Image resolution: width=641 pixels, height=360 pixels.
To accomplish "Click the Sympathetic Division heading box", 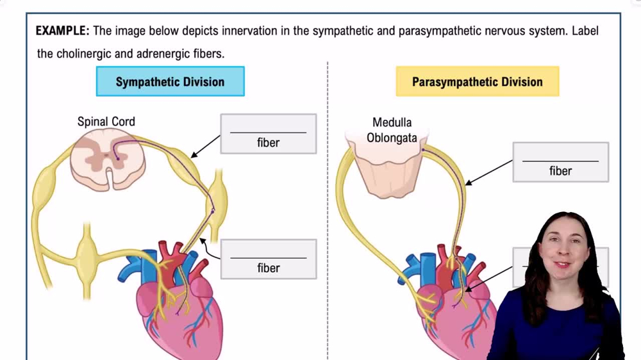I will click(170, 82).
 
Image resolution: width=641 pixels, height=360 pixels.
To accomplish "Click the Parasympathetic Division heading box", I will click(477, 82).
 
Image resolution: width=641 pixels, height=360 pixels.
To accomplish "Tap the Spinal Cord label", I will click(106, 121).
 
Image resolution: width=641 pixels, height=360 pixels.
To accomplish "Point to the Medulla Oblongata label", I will click(392, 129).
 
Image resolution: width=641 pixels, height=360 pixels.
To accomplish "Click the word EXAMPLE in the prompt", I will click(63, 31).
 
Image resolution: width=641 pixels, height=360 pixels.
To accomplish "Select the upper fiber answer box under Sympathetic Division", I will click(268, 134).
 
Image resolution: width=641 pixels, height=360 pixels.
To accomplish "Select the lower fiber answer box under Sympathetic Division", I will click(268, 259).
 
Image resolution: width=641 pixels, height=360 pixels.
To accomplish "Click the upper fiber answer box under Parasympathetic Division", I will click(560, 162).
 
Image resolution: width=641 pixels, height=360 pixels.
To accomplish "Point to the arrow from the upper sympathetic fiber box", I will click(206, 146).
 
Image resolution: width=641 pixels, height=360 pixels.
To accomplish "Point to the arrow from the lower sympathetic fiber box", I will click(210, 249).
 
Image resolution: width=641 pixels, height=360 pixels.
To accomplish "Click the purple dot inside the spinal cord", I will click(117, 158).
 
